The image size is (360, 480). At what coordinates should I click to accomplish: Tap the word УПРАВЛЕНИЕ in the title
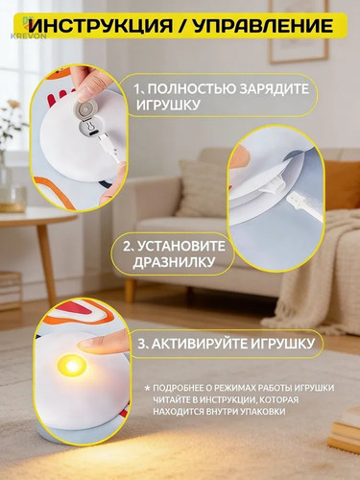263,26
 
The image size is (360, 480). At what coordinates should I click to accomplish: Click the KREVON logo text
28,36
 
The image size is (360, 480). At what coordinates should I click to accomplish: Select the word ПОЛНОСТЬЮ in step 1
191,88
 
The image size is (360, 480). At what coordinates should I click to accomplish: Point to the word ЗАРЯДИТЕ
274,88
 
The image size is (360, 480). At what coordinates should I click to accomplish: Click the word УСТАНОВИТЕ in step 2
182,246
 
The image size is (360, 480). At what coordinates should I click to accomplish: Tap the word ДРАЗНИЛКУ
174,262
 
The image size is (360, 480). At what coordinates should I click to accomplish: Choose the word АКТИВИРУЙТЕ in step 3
199,344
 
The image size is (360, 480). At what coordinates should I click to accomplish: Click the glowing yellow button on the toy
72,365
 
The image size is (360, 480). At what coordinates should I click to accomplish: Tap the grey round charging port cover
85,109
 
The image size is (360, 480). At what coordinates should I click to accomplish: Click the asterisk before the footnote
147,389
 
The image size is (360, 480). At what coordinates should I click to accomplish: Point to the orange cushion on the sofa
343,185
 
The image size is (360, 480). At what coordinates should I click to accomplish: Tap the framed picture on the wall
299,31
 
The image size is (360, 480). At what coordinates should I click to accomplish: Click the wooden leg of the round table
46,261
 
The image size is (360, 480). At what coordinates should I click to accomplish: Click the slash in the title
183,26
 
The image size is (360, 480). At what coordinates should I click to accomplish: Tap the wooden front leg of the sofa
130,290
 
